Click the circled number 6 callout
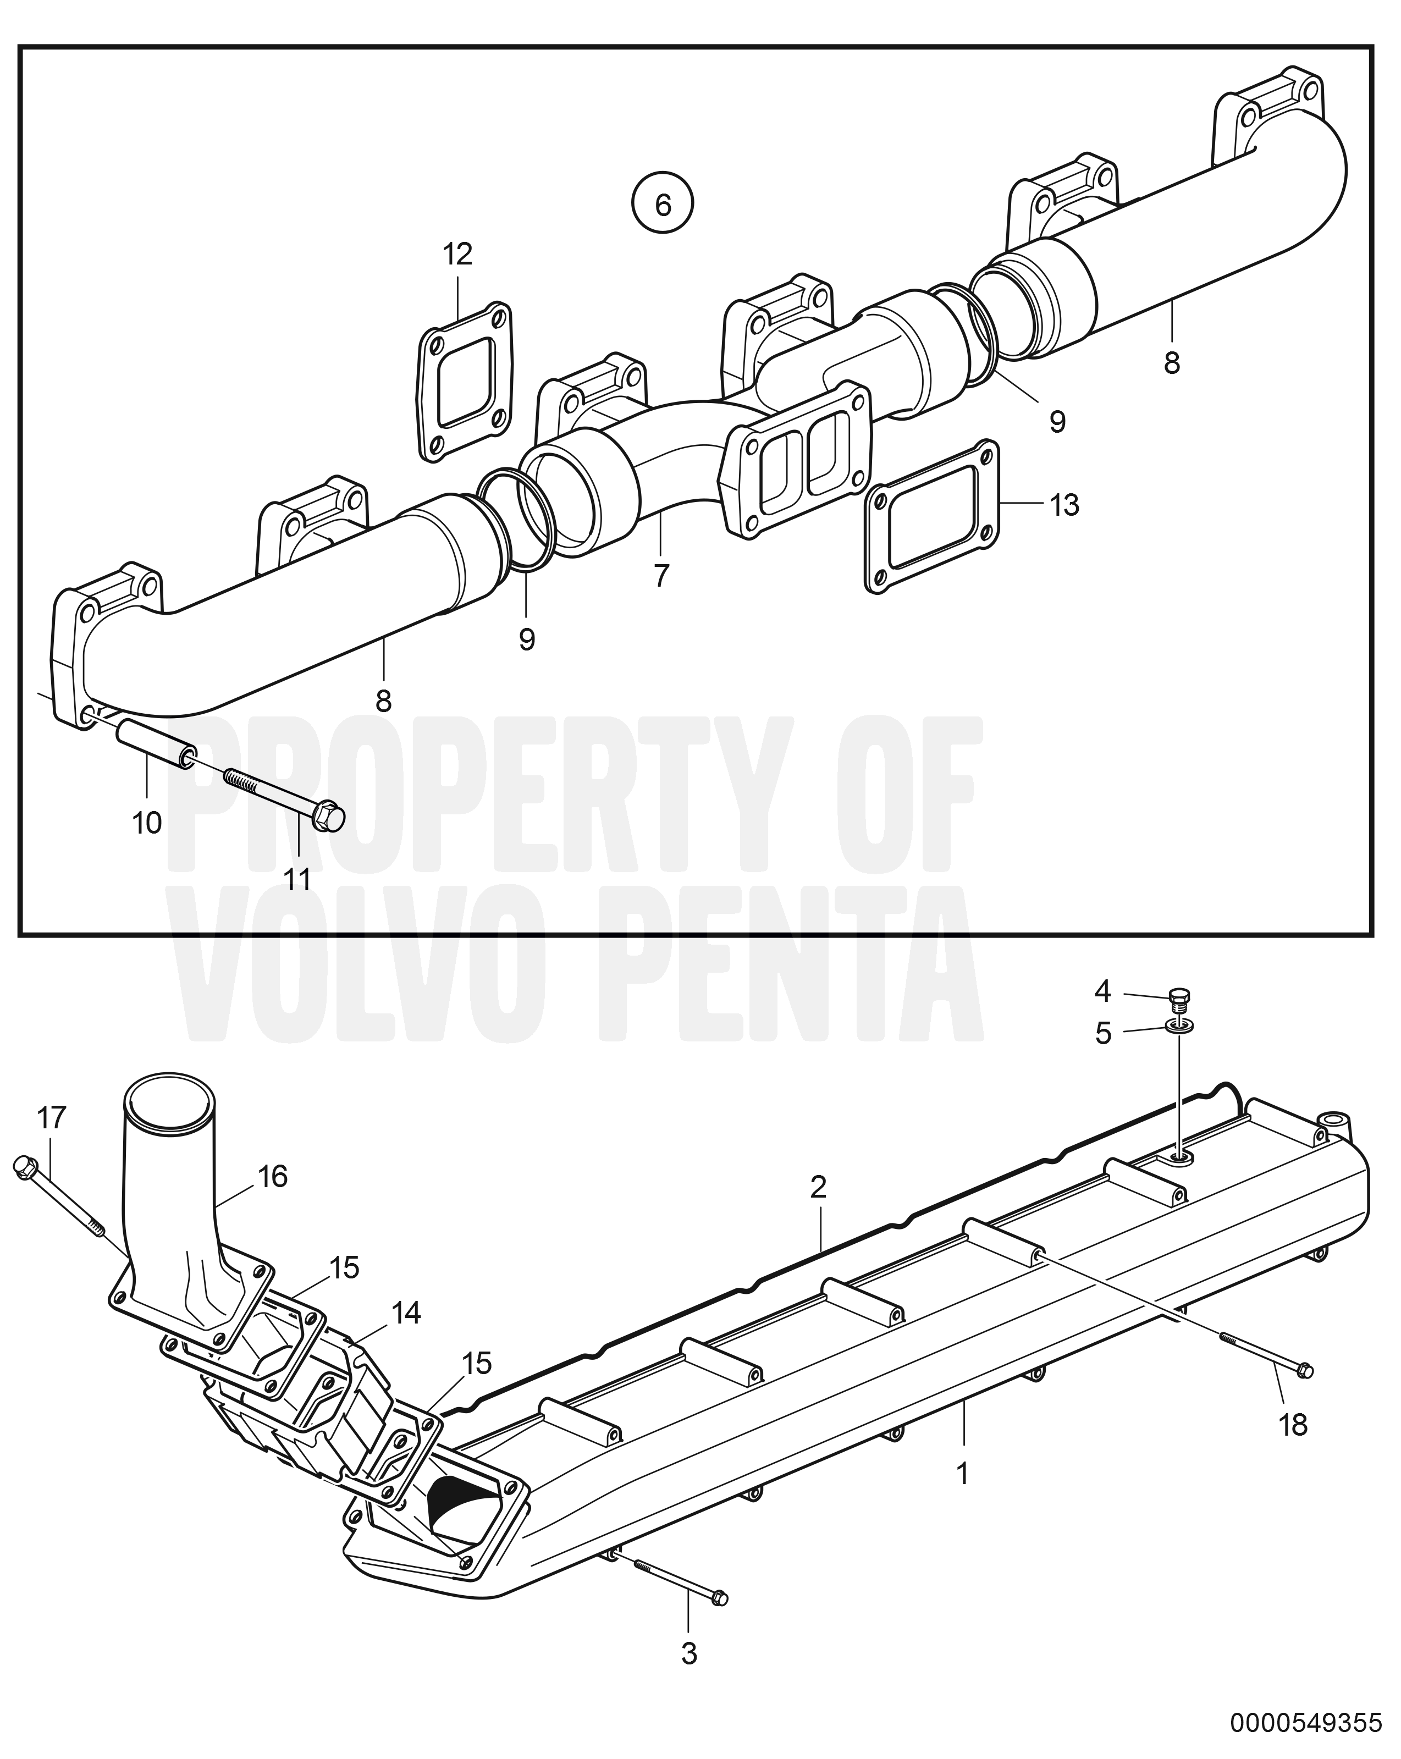(x=663, y=204)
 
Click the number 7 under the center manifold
(x=661, y=576)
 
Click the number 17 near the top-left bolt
(x=51, y=1118)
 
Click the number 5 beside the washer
(x=1103, y=1034)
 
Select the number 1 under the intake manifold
(x=963, y=1474)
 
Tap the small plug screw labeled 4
(x=1178, y=1000)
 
